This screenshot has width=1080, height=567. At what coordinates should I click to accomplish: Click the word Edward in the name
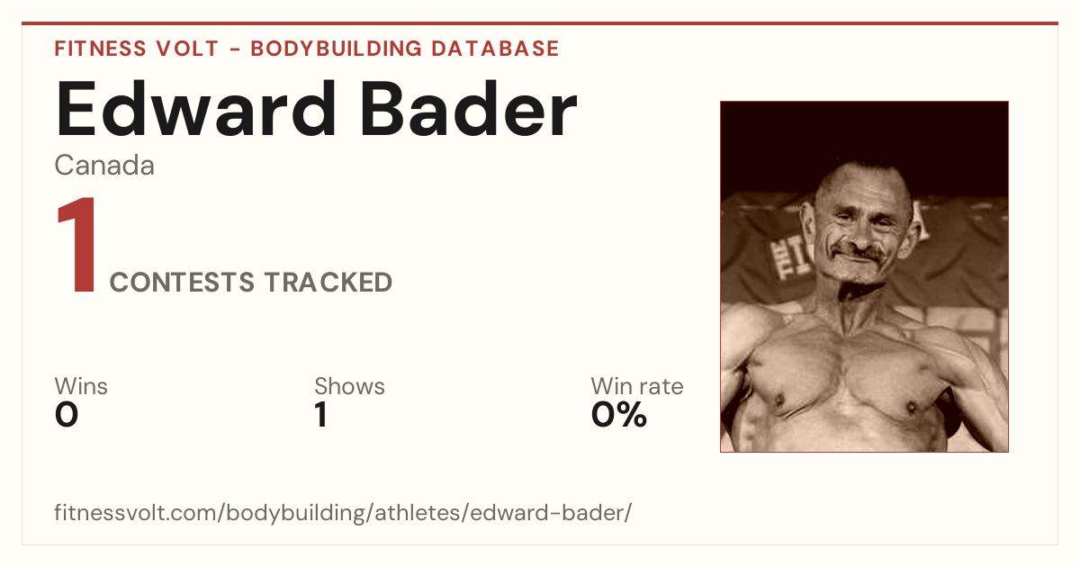(196, 110)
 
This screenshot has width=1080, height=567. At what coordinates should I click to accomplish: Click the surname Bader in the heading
(469, 110)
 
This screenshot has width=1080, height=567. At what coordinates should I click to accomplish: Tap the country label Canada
(104, 166)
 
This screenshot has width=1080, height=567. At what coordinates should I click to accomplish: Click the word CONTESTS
(182, 282)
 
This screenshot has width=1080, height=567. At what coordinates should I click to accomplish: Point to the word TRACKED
(328, 282)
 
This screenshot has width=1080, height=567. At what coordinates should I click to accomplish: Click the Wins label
(81, 386)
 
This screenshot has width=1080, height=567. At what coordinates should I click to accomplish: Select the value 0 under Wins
(67, 415)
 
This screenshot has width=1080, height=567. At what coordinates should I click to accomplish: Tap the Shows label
(349, 386)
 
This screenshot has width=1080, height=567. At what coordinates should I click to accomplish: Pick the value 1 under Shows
(321, 415)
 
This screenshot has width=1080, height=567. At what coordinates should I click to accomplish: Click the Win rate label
(637, 386)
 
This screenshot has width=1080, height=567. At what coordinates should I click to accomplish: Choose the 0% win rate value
(619, 415)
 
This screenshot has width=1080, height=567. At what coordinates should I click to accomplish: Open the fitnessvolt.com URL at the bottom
(343, 513)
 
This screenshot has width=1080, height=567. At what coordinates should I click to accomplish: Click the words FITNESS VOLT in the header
(137, 49)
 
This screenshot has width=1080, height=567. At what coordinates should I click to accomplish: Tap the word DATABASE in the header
(495, 49)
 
